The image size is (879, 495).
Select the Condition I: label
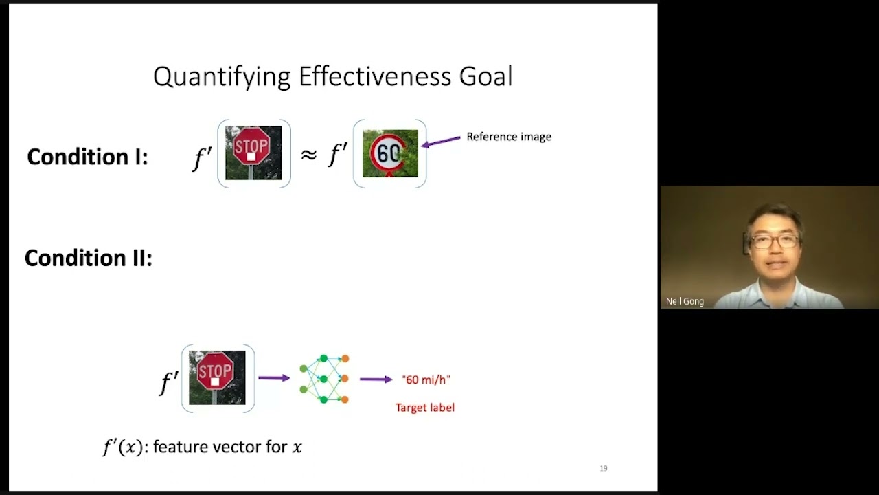[87, 157]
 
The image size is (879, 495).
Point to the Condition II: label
[88, 258]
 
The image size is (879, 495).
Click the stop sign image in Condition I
[253, 153]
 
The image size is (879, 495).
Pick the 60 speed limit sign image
[390, 153]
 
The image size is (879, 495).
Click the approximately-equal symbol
[308, 155]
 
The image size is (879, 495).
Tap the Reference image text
[509, 137]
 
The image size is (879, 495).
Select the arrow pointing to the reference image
[441, 142]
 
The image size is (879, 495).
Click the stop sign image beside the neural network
[217, 377]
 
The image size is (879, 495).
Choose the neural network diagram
[324, 378]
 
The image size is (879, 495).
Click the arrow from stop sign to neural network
[274, 377]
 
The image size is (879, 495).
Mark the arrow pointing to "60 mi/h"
[376, 379]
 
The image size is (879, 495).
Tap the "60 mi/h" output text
[426, 379]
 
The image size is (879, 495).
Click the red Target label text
[425, 408]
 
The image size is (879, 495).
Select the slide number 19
[604, 468]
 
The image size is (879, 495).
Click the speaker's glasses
[775, 241]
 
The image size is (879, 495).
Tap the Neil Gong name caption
[685, 301]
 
